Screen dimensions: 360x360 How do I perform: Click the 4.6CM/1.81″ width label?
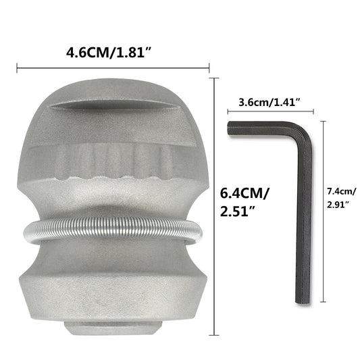pos(113,51)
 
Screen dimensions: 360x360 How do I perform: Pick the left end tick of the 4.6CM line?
pos(16,67)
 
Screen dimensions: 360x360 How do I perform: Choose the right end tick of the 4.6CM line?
pos(210,67)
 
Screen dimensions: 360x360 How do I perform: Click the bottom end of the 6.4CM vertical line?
pos(215,333)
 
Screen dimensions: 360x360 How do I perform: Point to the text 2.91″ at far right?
pos(340,203)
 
